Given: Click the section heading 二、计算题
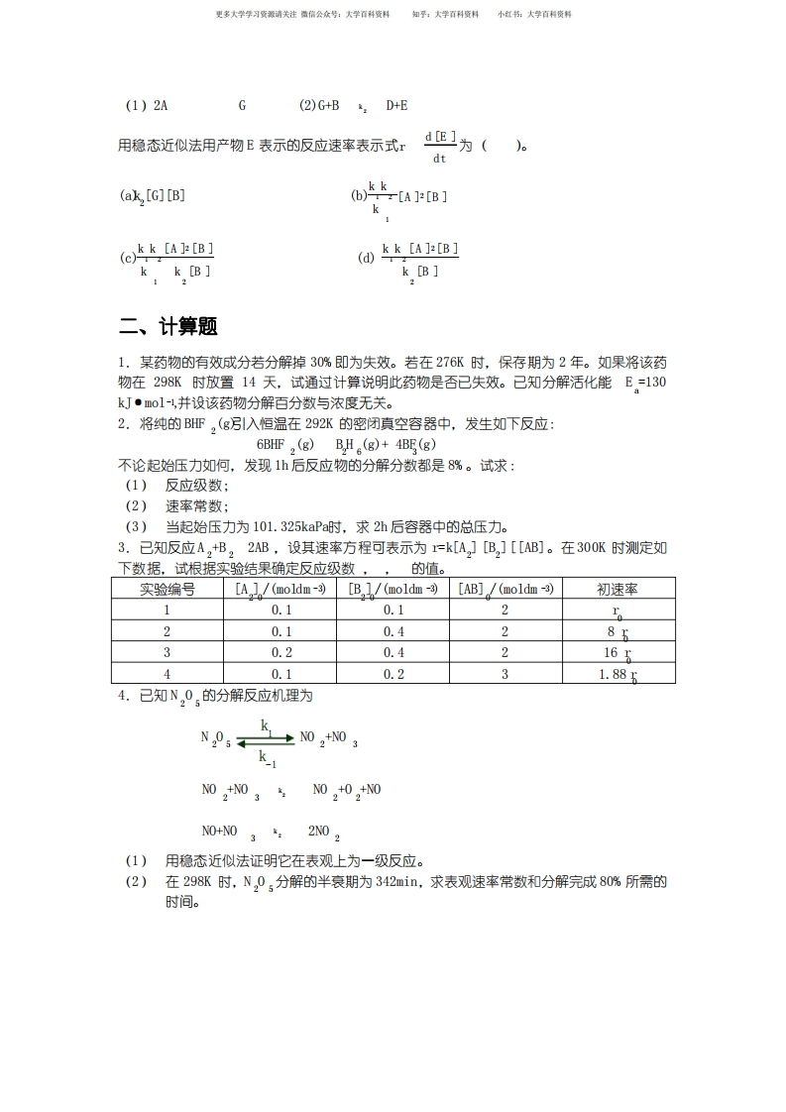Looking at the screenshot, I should [x=168, y=327].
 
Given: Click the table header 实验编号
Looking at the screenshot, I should [x=167, y=589].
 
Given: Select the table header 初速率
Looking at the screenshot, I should [x=618, y=589].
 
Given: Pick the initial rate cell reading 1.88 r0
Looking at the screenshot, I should [x=618, y=675].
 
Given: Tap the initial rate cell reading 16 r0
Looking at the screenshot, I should [x=618, y=653].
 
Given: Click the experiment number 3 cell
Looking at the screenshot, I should [x=167, y=653].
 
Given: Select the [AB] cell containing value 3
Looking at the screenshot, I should [x=505, y=675].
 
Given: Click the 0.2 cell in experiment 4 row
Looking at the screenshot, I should [x=393, y=675].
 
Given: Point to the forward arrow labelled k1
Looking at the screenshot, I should [x=266, y=738].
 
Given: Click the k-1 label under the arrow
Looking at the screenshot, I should [x=268, y=758].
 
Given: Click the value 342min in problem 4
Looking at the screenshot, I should [x=399, y=881].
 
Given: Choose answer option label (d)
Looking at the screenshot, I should [x=365, y=259].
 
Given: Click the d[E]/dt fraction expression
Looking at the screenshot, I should [x=439, y=146].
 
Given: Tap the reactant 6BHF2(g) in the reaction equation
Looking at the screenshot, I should [x=278, y=444].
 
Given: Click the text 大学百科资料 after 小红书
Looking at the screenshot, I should [x=549, y=15].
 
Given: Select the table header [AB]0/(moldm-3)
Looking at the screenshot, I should [x=505, y=589].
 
